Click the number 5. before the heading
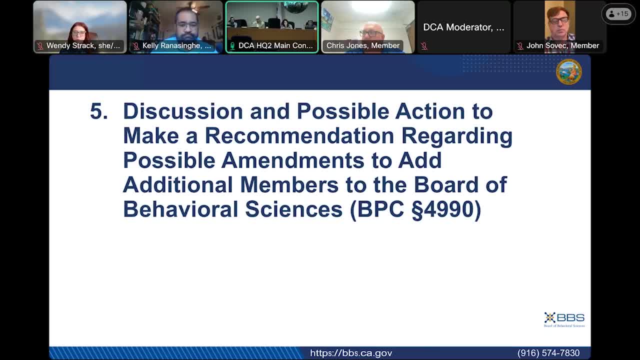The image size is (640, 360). point(98,111)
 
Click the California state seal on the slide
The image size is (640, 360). point(568,71)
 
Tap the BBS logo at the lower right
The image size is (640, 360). point(564,319)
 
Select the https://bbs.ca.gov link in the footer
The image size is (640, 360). point(351,353)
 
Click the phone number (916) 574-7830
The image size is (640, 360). point(548,353)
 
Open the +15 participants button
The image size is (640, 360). point(618,14)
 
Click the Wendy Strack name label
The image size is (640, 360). point(83,45)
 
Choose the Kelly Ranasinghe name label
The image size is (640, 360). point(176,45)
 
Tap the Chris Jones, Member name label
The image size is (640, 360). point(362,45)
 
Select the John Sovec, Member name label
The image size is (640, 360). point(562,45)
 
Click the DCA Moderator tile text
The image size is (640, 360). point(463,27)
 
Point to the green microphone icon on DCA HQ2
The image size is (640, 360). point(232,45)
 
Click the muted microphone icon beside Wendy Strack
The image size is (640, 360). point(40,46)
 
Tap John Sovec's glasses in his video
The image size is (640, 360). point(559,20)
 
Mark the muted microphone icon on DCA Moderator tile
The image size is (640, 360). point(424,46)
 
